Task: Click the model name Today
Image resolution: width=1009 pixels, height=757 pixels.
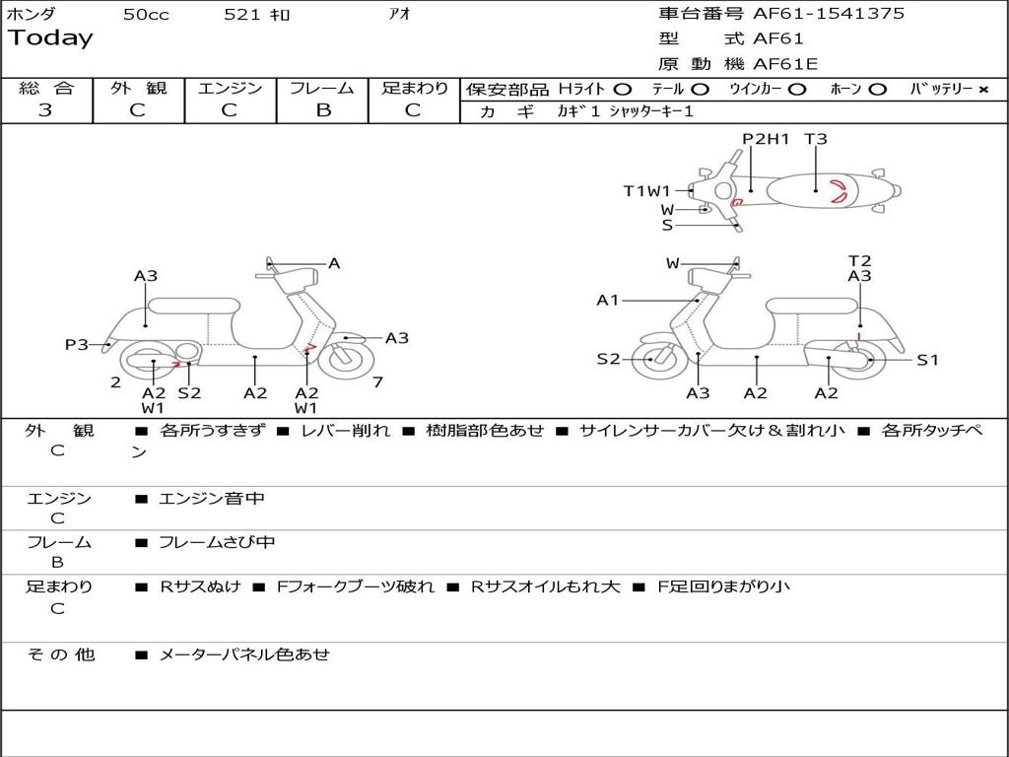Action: (x=50, y=38)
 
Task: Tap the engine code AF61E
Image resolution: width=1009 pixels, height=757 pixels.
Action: (x=785, y=65)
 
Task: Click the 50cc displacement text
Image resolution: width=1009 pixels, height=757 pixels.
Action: (x=146, y=15)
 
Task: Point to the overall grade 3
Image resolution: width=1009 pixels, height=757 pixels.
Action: (x=45, y=110)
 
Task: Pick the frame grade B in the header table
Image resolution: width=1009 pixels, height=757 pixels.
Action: (x=322, y=110)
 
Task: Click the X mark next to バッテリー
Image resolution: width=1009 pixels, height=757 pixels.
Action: (x=982, y=90)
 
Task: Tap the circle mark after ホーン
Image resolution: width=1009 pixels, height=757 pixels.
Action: (x=877, y=90)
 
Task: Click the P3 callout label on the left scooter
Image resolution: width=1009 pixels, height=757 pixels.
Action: (x=76, y=345)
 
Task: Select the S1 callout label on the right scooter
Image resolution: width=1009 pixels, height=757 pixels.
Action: (x=927, y=360)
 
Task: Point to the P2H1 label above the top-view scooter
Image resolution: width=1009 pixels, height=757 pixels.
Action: (x=766, y=139)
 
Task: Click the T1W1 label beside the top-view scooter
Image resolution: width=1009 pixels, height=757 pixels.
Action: (x=646, y=191)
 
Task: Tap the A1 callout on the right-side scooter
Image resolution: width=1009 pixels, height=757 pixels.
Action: (x=607, y=300)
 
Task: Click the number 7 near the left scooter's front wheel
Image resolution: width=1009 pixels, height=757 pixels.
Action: (x=377, y=381)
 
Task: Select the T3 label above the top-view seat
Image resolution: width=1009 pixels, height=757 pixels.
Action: (x=816, y=139)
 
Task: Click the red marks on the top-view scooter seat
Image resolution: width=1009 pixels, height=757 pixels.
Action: (x=837, y=191)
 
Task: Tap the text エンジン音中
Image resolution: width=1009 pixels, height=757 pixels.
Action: (x=212, y=499)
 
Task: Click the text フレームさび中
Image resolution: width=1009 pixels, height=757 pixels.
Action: (x=217, y=542)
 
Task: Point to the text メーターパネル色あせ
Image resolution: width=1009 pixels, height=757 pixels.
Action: (x=244, y=654)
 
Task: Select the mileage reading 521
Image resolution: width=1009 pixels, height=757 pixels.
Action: (x=242, y=15)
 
